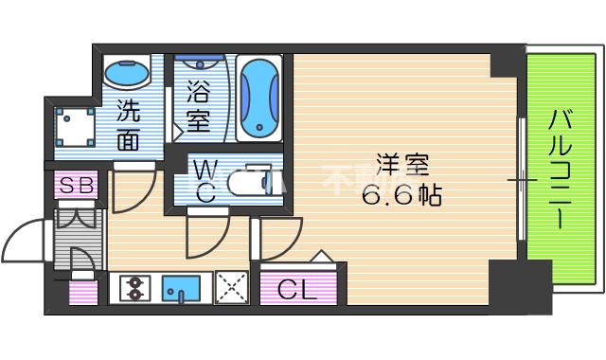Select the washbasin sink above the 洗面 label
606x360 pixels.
click(127, 72)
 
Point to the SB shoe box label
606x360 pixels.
click(76, 186)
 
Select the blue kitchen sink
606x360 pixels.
click(179, 287)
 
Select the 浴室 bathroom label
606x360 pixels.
click(198, 107)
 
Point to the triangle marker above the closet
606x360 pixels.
click(321, 255)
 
